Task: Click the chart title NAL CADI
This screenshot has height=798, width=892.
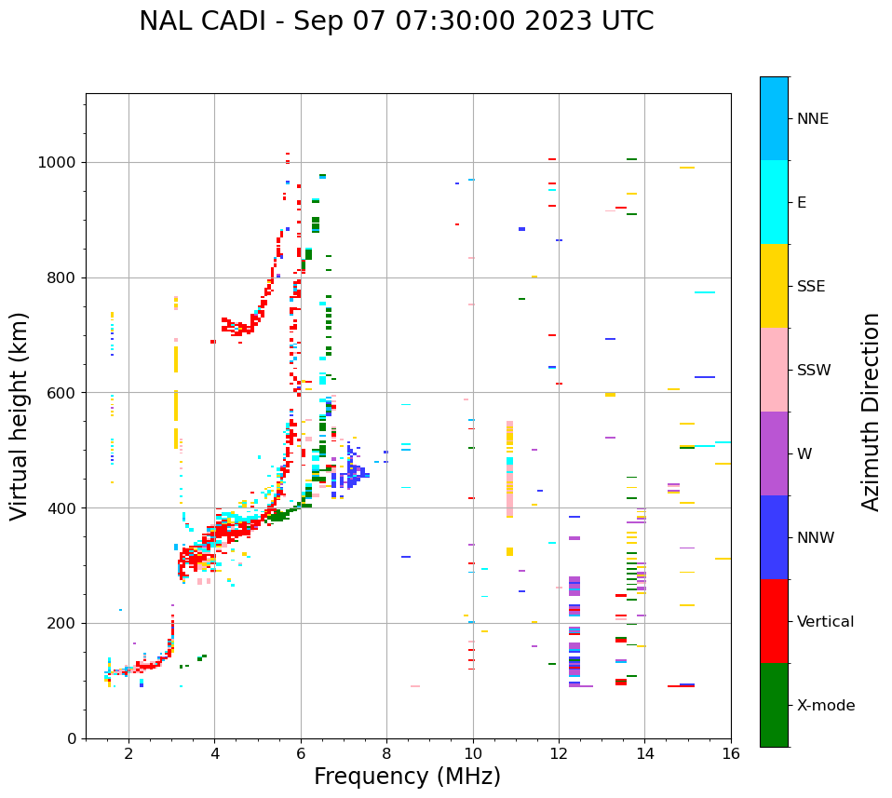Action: click(396, 21)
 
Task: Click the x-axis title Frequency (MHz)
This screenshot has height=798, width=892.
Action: click(407, 777)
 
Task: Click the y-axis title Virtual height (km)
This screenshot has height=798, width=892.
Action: click(20, 416)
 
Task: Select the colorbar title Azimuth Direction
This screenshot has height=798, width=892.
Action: click(871, 412)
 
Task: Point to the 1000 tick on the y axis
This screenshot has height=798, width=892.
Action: click(61, 162)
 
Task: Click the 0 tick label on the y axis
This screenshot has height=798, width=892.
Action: click(73, 738)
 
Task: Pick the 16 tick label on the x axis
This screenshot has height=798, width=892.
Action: click(731, 753)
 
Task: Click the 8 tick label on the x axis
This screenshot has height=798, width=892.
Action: click(386, 753)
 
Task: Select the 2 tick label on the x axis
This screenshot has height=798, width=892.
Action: click(128, 753)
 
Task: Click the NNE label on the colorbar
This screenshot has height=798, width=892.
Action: click(812, 119)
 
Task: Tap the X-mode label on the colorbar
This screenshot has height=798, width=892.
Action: click(825, 706)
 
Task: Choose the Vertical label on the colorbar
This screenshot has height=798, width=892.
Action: click(825, 622)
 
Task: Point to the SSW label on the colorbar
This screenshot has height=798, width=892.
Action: click(814, 371)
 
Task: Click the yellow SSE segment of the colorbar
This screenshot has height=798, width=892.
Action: click(774, 286)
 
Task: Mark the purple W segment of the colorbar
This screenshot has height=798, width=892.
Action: click(774, 453)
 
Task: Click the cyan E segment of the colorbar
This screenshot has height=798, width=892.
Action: click(774, 202)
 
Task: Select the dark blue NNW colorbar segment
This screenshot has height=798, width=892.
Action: click(774, 537)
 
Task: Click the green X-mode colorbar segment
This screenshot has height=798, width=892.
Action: click(774, 705)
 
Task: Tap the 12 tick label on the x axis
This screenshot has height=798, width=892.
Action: click(559, 753)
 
